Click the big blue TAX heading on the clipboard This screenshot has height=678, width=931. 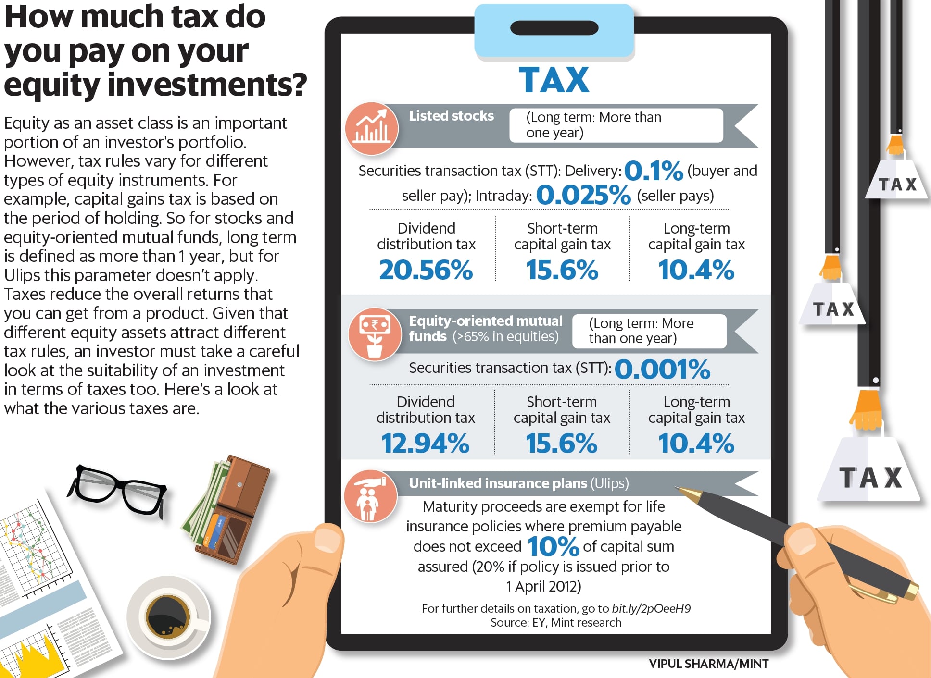pos(554,80)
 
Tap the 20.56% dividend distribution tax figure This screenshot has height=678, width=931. pos(426,270)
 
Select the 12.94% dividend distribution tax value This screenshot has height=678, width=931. pos(425,443)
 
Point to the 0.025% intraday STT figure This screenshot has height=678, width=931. pos(583,195)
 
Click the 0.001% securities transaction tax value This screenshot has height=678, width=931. pos(662,369)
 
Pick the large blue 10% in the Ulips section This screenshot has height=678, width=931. pos(553,547)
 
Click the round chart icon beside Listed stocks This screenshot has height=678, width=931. pos(371,129)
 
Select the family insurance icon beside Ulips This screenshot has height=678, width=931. pos(370,496)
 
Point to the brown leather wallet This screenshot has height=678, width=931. pos(231,509)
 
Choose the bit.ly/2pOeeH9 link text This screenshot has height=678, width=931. pos(651,609)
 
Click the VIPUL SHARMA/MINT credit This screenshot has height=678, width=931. pos(708,664)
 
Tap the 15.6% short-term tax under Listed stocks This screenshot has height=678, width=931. pos(562,270)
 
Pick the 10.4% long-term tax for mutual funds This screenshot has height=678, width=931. pos(696,443)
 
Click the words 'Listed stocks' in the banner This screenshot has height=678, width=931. pos(451,116)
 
